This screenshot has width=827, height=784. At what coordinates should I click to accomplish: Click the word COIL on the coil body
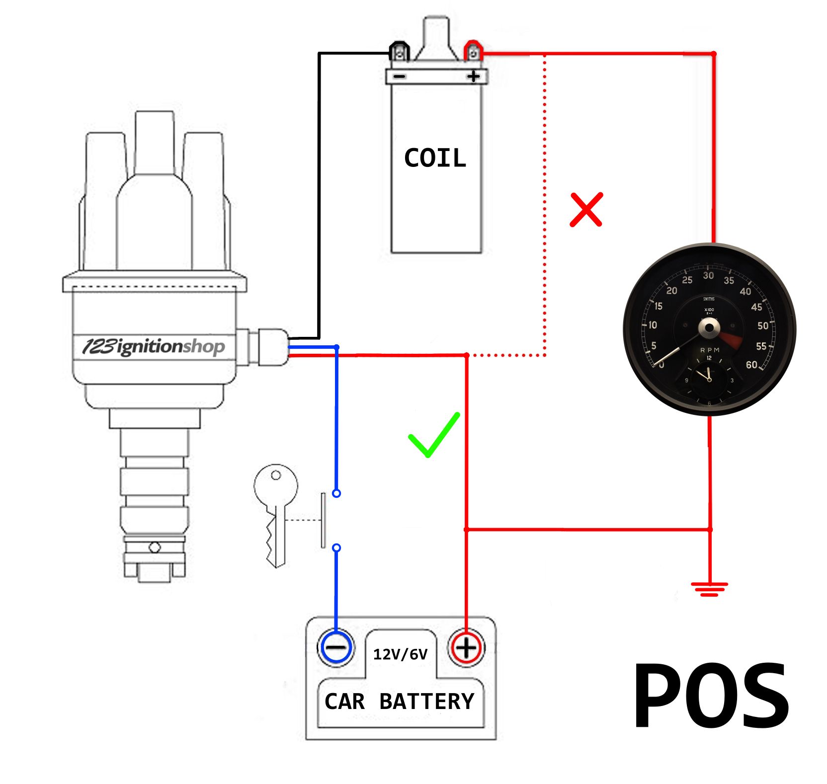tap(435, 158)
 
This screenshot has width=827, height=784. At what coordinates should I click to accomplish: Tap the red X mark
tap(586, 209)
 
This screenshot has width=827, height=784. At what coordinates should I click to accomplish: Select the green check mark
tap(433, 435)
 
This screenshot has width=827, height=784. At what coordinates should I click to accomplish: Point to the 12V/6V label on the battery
tap(400, 654)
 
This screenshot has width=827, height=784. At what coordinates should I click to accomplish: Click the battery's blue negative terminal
tap(336, 647)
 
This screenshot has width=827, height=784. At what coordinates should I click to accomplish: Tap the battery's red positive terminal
tap(466, 647)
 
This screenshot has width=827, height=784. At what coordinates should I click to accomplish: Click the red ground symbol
tap(709, 589)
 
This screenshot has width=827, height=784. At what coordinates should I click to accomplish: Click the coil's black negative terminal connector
tap(399, 52)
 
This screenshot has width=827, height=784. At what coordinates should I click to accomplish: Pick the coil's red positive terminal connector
tap(473, 52)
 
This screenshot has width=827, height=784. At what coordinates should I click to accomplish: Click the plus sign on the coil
tap(473, 77)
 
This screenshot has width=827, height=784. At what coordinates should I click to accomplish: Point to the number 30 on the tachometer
tap(708, 276)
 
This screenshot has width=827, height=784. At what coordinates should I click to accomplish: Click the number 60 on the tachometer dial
tap(751, 365)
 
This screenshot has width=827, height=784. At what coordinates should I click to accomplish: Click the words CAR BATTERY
tap(400, 701)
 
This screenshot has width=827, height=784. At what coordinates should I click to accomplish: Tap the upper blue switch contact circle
tap(336, 493)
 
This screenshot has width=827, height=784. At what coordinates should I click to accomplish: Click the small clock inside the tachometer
tap(709, 380)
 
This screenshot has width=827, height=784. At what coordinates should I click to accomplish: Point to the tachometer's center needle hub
tap(709, 328)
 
